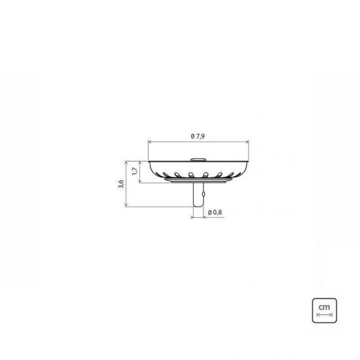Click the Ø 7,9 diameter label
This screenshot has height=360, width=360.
pyautogui.click(x=199, y=135)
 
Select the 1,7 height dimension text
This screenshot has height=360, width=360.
pyautogui.click(x=134, y=171)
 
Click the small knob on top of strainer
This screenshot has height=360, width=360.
pyautogui.click(x=199, y=158)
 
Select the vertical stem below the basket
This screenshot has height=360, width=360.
pyautogui.click(x=199, y=194)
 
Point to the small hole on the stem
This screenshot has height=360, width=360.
pyautogui.click(x=203, y=194)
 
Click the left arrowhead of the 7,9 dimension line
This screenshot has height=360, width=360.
pyautogui.click(x=151, y=141)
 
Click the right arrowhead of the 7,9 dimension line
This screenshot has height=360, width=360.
pyautogui.click(x=248, y=141)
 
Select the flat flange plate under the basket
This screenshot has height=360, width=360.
pyautogui.click(x=199, y=181)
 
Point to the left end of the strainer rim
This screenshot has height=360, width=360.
pyautogui.click(x=150, y=161)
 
